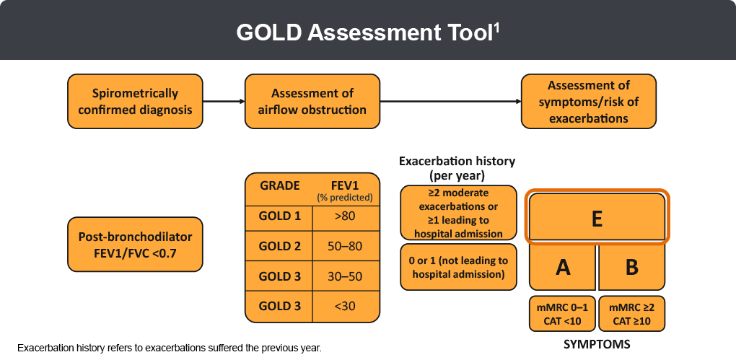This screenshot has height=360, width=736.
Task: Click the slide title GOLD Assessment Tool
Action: pyautogui.click(x=364, y=33)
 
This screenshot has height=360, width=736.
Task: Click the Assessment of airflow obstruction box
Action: pyautogui.click(x=312, y=102)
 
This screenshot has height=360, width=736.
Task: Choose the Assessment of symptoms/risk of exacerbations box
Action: pyautogui.click(x=589, y=102)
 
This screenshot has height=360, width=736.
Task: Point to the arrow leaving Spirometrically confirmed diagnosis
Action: pyautogui.click(x=223, y=102)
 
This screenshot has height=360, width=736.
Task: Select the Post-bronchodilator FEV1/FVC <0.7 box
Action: pyautogui.click(x=136, y=244)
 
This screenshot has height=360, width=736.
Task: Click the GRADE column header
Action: pyautogui.click(x=279, y=186)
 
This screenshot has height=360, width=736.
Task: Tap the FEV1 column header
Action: pyautogui.click(x=344, y=186)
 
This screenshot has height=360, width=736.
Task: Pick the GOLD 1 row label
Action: pyautogui.click(x=279, y=216)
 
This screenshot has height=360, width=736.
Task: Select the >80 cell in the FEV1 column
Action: pyautogui.click(x=344, y=216)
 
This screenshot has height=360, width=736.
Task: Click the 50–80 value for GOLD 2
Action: pyautogui.click(x=344, y=246)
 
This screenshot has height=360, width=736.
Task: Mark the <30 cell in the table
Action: pyautogui.click(x=344, y=306)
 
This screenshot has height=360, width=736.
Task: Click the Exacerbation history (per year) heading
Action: pyautogui.click(x=457, y=168)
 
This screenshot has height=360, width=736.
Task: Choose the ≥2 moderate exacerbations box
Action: pyautogui.click(x=458, y=213)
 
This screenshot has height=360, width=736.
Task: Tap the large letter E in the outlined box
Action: pyautogui.click(x=597, y=218)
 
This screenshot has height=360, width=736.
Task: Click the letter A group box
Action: pyautogui.click(x=563, y=267)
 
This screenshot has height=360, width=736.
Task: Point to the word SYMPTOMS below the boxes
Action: pyautogui.click(x=597, y=344)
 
